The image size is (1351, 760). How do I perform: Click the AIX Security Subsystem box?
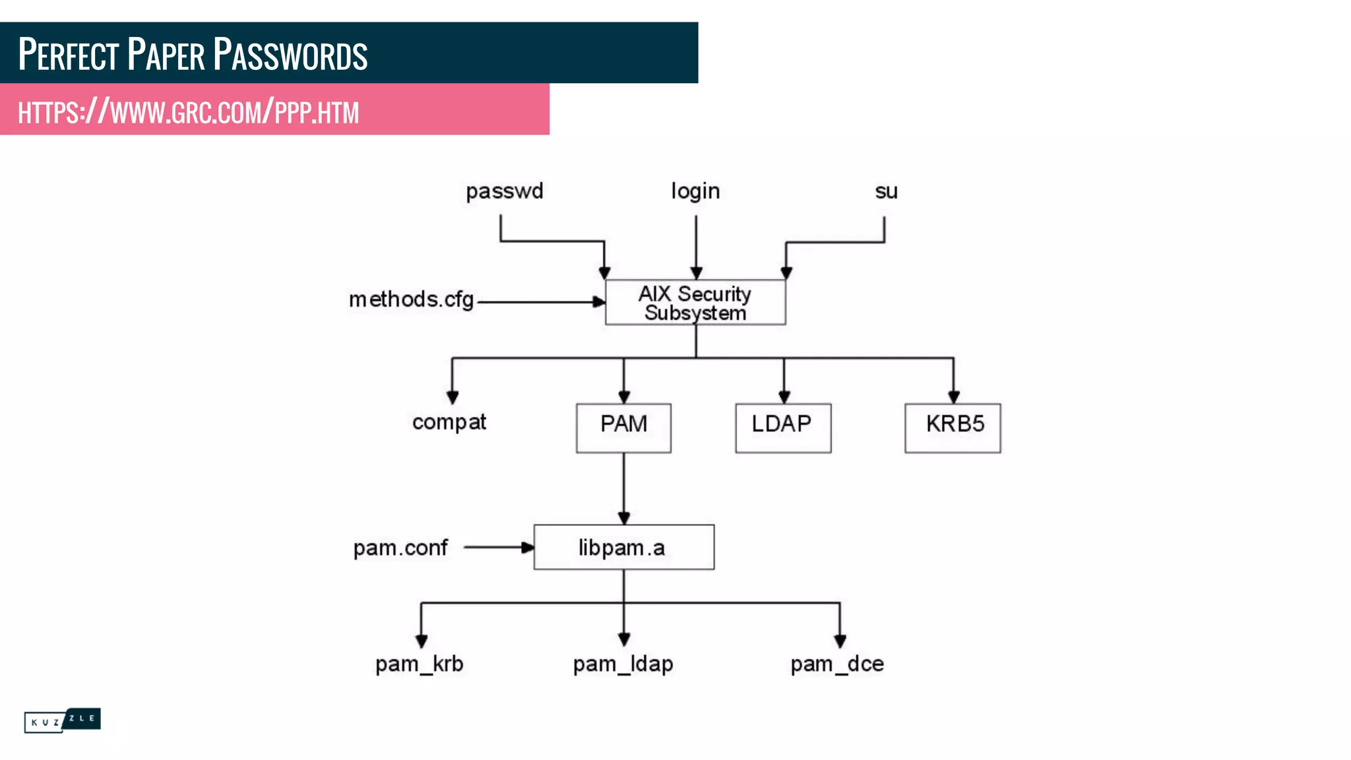(695, 303)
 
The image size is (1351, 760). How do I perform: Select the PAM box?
(623, 427)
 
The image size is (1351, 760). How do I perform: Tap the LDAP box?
(783, 427)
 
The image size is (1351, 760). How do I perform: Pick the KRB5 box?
(953, 427)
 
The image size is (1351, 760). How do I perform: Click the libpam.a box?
(623, 547)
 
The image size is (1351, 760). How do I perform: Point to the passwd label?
(505, 191)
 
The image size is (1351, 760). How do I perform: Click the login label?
(695, 191)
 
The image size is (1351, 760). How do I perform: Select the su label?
(886, 191)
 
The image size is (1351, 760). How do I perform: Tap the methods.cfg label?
(412, 300)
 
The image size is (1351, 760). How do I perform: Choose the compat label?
(449, 422)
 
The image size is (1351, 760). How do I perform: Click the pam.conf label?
(400, 548)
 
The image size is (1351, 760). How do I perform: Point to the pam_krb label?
(420, 664)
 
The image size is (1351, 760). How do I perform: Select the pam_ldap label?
(623, 664)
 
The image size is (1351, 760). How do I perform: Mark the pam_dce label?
(837, 664)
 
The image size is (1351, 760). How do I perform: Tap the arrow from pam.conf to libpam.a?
(498, 547)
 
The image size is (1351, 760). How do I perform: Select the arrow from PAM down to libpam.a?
(623, 488)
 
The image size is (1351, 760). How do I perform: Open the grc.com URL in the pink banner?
(189, 111)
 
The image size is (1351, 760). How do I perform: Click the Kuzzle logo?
(62, 720)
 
